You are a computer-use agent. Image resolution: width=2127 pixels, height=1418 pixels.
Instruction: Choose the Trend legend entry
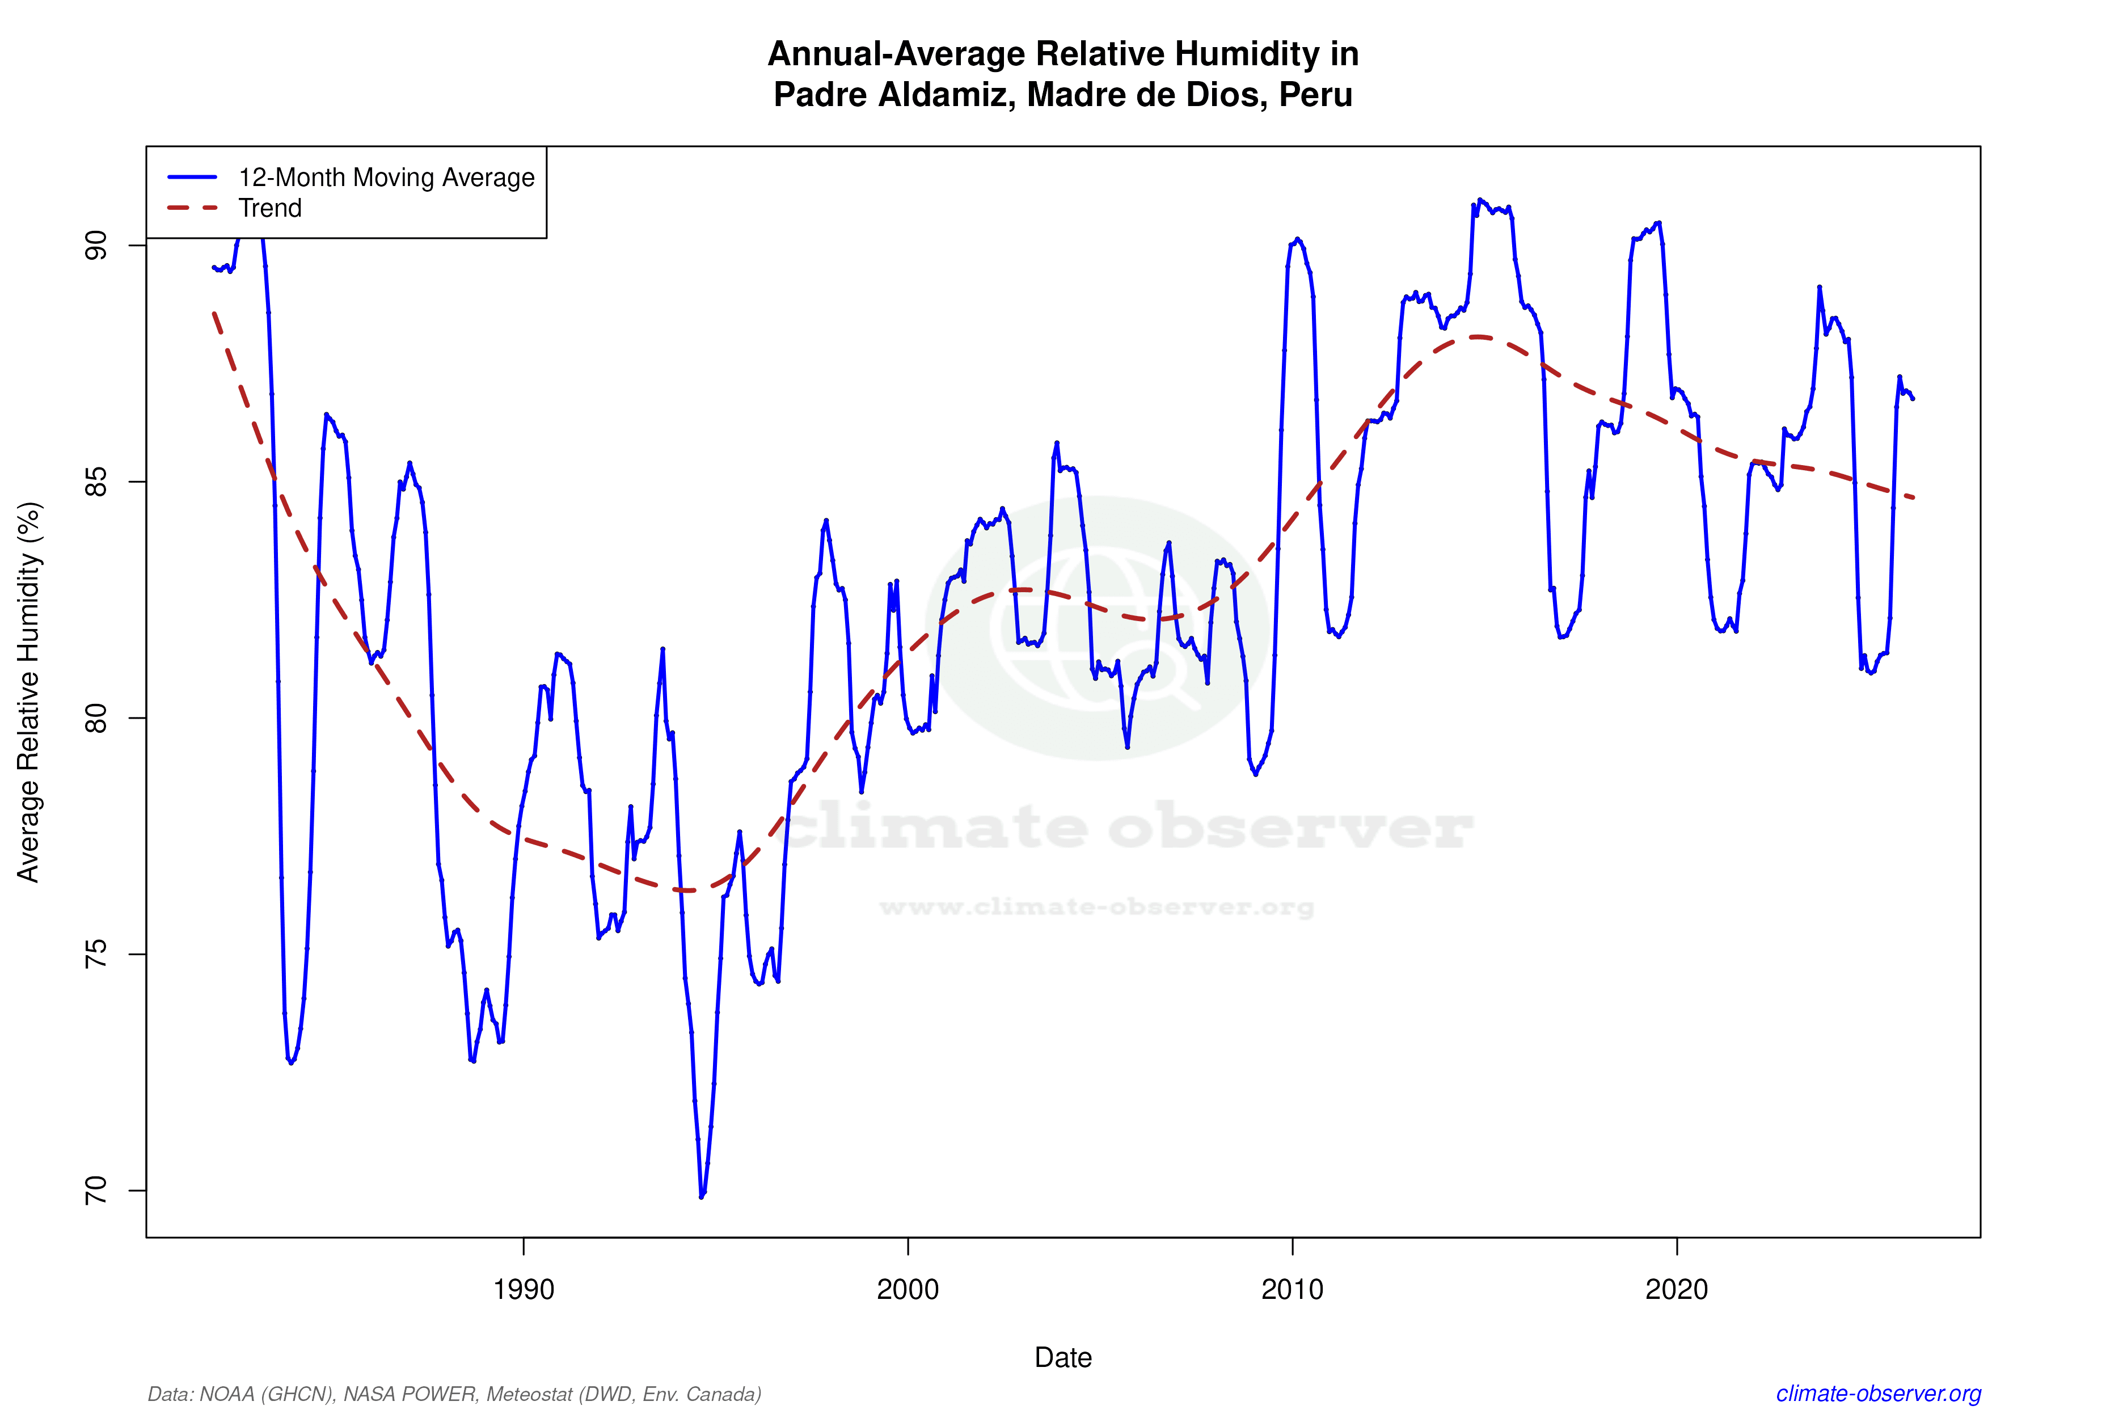269,208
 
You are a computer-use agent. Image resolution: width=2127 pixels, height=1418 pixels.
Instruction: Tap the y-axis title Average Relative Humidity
29,692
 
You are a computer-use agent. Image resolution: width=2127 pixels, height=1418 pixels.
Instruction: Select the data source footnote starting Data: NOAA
454,1394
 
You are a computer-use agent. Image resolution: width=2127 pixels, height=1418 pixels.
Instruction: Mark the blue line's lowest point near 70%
702,1196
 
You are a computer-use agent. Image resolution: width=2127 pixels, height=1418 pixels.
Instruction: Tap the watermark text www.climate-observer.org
1096,907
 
